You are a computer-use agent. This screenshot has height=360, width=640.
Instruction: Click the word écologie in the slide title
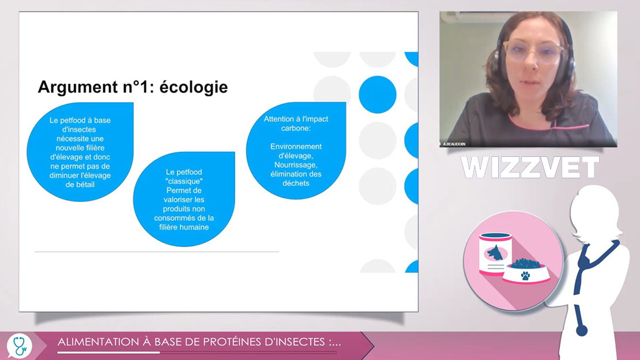coord(193,87)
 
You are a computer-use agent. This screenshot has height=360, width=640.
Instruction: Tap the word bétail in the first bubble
coord(85,185)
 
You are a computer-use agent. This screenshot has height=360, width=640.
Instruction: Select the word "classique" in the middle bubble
coord(184,181)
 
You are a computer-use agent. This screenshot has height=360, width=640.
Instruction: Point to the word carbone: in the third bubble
coord(296,128)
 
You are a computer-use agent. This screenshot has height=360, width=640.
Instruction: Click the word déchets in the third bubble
coord(296,183)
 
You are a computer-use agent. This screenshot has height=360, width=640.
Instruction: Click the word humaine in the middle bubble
coord(195,227)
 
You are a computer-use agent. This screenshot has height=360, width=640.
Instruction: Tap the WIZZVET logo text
coord(529,167)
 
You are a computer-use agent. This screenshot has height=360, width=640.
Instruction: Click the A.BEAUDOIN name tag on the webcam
coord(454,144)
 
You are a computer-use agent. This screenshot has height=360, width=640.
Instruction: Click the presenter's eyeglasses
coord(533,51)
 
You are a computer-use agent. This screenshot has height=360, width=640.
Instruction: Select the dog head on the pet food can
coord(495,253)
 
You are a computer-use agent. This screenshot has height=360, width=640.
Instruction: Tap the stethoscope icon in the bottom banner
coord(20,346)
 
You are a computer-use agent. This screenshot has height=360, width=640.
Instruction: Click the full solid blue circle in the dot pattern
coord(378,95)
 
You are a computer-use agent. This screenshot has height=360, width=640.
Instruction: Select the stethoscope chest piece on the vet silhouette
coord(582,331)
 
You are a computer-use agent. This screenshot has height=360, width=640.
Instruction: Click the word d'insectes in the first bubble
coord(79,130)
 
